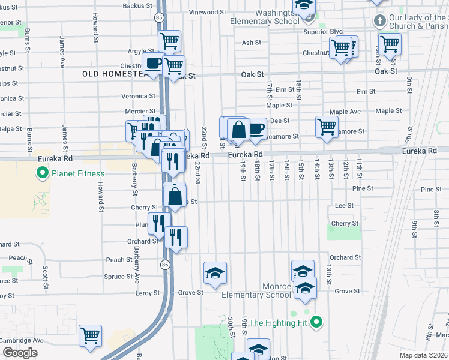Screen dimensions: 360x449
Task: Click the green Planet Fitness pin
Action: pyautogui.click(x=43, y=174)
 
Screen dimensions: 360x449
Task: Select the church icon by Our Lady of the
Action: pyautogui.click(x=379, y=21)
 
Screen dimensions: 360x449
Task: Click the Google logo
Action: pyautogui.click(x=20, y=352)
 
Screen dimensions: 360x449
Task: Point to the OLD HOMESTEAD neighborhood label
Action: pyautogui.click(x=114, y=74)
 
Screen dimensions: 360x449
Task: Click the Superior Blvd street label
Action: pyautogui.click(x=322, y=31)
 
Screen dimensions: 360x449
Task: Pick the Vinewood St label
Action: pyautogui.click(x=207, y=12)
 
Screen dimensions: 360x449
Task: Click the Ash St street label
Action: pyautogui.click(x=252, y=43)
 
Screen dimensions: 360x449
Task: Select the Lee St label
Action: pyautogui.click(x=344, y=205)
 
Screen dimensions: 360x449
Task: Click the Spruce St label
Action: pyautogui.click(x=118, y=277)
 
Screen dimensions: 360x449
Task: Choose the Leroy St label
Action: pyautogui.click(x=146, y=293)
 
